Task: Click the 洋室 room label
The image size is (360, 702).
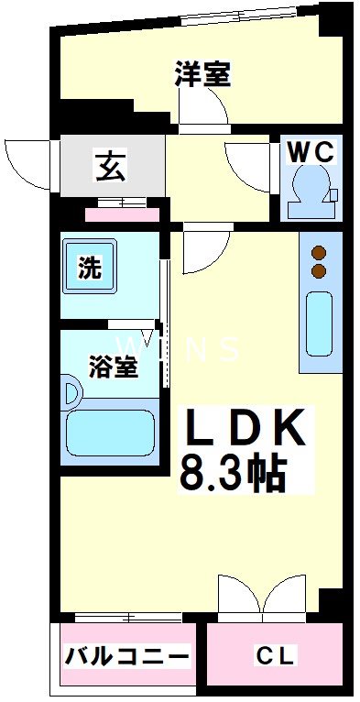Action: click(x=202, y=73)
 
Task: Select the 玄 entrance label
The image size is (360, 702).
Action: click(x=110, y=168)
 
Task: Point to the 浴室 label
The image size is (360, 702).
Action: click(x=114, y=367)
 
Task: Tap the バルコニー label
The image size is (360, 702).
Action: click(x=127, y=656)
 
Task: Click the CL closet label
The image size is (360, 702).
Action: click(x=275, y=656)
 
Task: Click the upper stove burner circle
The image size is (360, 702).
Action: click(x=320, y=253)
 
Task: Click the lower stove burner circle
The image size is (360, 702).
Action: click(x=320, y=271)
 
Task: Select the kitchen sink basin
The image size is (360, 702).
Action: click(x=320, y=325)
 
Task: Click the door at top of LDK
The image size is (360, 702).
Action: click(x=205, y=248)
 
